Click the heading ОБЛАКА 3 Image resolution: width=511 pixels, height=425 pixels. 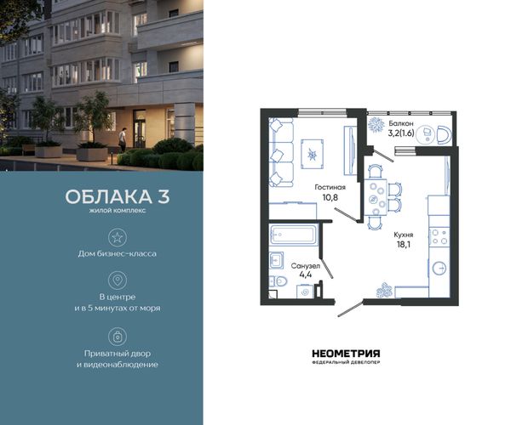point(118,196)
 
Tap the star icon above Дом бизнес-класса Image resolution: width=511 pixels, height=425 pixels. point(118,237)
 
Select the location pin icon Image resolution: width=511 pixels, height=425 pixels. point(118,280)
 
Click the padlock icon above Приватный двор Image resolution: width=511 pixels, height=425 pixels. point(118,337)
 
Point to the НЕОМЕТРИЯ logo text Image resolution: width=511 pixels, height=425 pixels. point(346,354)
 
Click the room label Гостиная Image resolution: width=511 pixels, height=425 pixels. point(330,187)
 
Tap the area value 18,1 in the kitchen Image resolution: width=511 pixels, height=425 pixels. point(403,245)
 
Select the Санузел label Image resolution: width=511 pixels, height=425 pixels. point(306,266)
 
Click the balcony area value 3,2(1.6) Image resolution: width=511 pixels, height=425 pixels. point(401,133)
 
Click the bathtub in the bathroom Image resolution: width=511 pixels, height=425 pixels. point(293,234)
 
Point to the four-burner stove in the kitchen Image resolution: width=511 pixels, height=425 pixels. point(439,237)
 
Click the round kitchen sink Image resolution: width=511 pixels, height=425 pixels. point(439,269)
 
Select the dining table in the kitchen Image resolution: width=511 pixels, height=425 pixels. point(375,197)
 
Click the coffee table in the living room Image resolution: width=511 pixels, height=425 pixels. point(313,154)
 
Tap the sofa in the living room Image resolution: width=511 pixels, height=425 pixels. point(281,152)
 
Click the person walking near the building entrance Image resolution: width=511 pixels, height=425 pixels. point(122,139)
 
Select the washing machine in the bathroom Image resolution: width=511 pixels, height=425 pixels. point(306,292)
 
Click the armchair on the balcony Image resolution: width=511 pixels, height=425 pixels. point(444,135)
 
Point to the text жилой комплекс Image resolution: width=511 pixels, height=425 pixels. point(118,211)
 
